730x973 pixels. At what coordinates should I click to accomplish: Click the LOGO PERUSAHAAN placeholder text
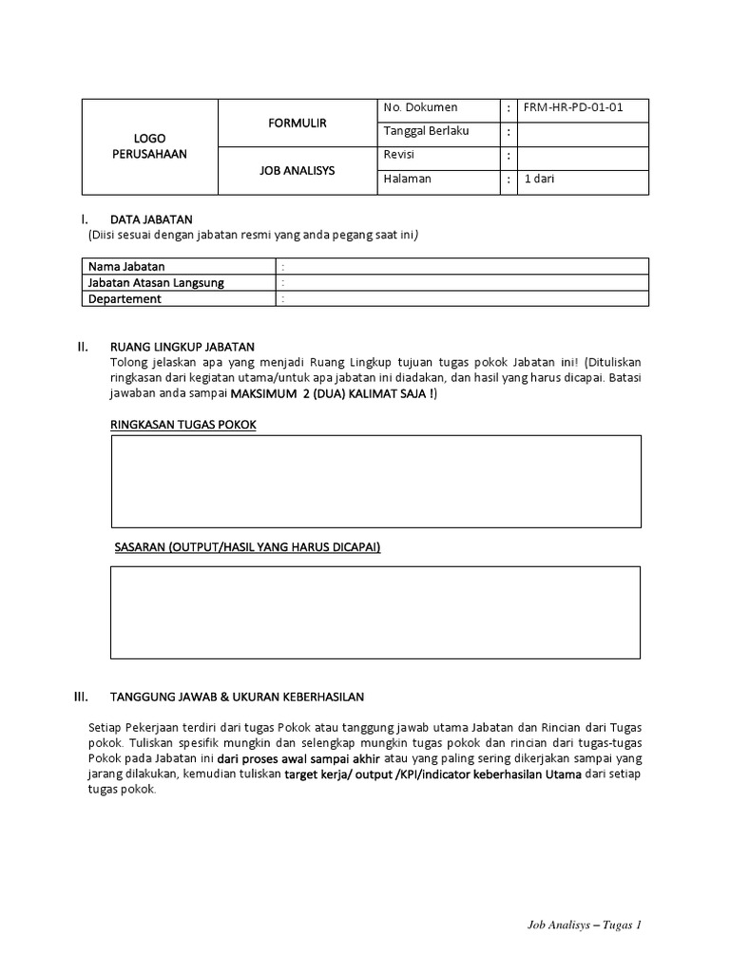point(149,145)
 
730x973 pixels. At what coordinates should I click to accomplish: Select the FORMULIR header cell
point(298,124)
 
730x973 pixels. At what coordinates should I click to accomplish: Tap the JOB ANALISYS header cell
point(298,171)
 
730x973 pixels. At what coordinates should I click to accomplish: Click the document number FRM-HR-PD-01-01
point(573,107)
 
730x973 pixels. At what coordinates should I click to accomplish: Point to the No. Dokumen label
point(419,107)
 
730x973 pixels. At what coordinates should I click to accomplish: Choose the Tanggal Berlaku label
point(426,130)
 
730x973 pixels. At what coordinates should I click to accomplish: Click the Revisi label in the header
point(399,154)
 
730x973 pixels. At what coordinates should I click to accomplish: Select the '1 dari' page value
point(539,178)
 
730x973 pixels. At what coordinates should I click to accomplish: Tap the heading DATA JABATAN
point(151,219)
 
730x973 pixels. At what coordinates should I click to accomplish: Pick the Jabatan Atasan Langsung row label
point(156,282)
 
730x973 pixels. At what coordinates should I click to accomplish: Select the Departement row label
point(125,298)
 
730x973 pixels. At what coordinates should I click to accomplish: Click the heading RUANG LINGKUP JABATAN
point(182,346)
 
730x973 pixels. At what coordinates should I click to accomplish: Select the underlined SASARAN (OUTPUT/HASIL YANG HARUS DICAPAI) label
point(247,547)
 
